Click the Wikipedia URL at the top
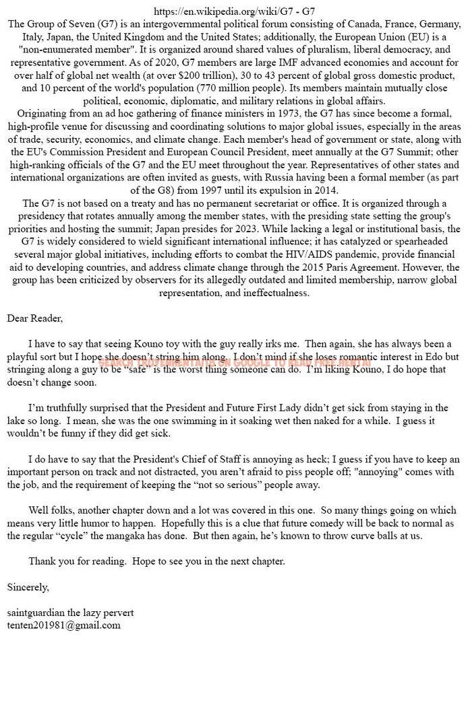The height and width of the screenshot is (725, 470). point(234,11)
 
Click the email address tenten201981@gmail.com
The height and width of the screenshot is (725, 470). point(63,625)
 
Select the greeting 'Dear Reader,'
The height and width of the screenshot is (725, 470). point(34,318)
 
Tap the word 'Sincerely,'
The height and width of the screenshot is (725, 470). point(28,587)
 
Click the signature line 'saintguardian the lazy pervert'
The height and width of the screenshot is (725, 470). point(70,613)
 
